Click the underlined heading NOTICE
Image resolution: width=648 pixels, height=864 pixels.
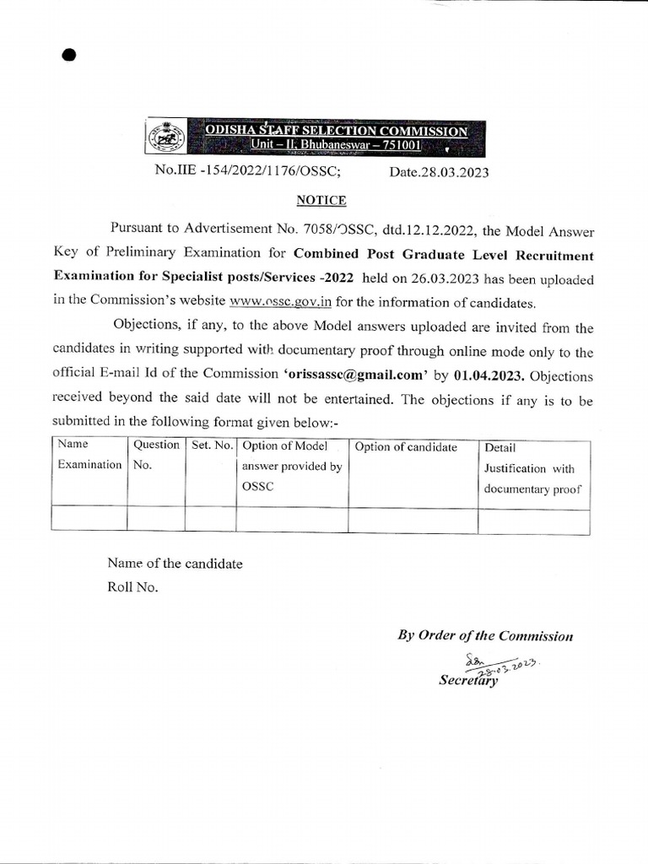[320, 200]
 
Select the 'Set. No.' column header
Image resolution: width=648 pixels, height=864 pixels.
[211, 445]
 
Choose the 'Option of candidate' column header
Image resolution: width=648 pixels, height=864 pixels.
[406, 447]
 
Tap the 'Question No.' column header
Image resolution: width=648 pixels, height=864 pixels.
[155, 455]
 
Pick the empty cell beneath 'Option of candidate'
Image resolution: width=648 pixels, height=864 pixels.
[413, 518]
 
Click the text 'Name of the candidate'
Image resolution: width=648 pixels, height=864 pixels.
[175, 564]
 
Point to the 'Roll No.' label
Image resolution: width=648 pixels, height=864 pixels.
[132, 587]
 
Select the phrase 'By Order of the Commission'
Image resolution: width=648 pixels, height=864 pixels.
[485, 635]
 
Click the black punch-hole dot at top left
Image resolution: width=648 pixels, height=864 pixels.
[69, 55]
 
